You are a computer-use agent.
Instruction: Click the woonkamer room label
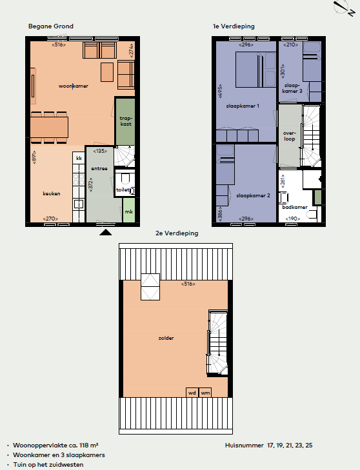[74, 86]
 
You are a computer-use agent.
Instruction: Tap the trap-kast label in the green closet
[126, 121]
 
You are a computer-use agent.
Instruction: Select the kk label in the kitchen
[79, 158]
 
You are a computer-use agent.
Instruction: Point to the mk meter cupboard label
[128, 211]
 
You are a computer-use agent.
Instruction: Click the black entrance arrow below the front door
[105, 232]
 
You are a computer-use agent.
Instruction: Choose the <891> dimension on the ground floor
[34, 157]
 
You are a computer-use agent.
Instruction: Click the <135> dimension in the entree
[100, 151]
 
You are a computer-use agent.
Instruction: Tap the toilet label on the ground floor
[123, 190]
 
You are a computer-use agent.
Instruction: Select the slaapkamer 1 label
[243, 106]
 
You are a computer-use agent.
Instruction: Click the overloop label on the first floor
[290, 136]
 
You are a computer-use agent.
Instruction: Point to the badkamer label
[295, 207]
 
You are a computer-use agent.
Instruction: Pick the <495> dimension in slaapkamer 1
[220, 91]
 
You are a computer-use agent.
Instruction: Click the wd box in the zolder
[192, 393]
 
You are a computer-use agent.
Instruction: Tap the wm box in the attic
[205, 393]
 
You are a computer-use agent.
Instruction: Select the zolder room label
[166, 338]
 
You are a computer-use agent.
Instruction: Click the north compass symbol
[344, 8]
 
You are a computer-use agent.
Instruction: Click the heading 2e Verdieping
[177, 233]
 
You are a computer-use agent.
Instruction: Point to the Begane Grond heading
[51, 26]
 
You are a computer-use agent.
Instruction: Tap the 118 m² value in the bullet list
[89, 446]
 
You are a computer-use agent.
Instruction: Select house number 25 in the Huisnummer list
[308, 446]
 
